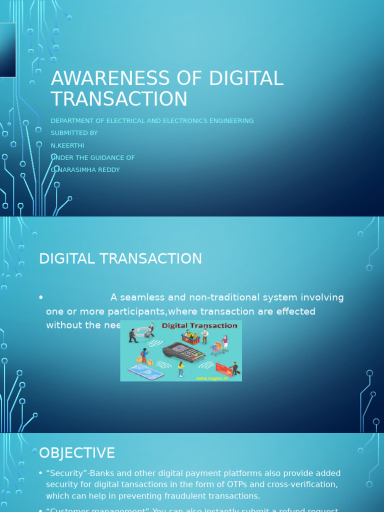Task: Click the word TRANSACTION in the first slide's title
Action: (x=119, y=99)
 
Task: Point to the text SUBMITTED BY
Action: (x=74, y=133)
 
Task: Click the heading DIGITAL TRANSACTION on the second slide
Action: (x=120, y=258)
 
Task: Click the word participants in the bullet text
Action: (x=134, y=311)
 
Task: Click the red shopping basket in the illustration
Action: (x=190, y=339)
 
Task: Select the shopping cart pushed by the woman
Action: (x=217, y=346)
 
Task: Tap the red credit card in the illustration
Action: (x=223, y=370)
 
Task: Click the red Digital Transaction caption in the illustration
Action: (x=199, y=325)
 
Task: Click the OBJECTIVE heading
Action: (x=77, y=453)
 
